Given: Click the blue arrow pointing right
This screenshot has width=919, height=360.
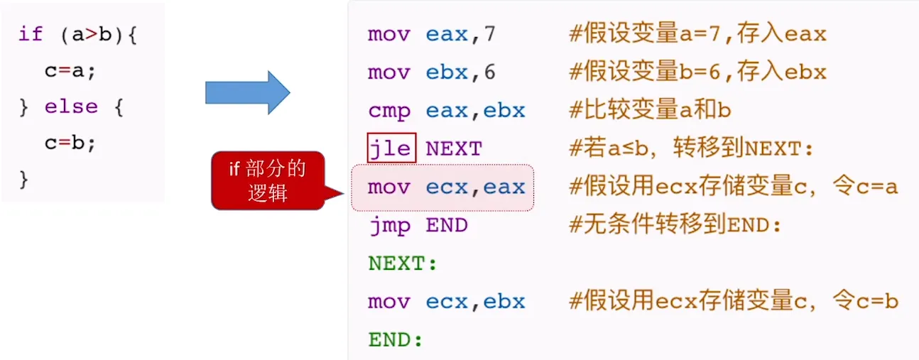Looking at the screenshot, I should pyautogui.click(x=247, y=92).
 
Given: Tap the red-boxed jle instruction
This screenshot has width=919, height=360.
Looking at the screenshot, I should pyautogui.click(x=391, y=148).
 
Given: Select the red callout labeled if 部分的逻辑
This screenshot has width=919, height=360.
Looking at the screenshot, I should pyautogui.click(x=268, y=180).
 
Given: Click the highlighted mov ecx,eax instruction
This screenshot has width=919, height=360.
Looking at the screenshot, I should pyautogui.click(x=445, y=187).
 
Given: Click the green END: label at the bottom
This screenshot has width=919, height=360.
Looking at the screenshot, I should pyautogui.click(x=396, y=340).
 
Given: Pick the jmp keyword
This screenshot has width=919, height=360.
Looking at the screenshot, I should pyautogui.click(x=389, y=225).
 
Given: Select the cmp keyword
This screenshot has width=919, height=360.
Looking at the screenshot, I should pyautogui.click(x=389, y=110).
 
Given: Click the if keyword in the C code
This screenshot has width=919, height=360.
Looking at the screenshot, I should pyautogui.click(x=31, y=34).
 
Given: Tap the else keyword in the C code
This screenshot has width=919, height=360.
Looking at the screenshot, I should pyautogui.click(x=71, y=107).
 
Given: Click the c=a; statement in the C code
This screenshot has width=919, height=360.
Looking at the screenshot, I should pyautogui.click(x=70, y=70).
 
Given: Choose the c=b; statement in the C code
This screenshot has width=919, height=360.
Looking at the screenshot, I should pyautogui.click(x=70, y=143).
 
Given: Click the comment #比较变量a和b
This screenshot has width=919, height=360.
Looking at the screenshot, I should pyautogui.click(x=650, y=110).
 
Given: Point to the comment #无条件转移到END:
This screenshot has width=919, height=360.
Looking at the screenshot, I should pyautogui.click(x=675, y=225).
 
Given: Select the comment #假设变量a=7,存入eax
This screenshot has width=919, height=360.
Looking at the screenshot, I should pyautogui.click(x=697, y=33).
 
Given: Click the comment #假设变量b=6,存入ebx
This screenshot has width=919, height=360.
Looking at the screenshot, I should pyautogui.click(x=697, y=72).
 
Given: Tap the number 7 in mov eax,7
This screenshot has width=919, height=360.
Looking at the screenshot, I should pyautogui.click(x=489, y=33).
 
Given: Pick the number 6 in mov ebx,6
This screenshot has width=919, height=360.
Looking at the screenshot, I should pyautogui.click(x=489, y=72).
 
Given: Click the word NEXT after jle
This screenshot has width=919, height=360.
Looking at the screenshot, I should pyautogui.click(x=453, y=148).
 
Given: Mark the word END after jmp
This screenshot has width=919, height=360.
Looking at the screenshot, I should pyautogui.click(x=446, y=225).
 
